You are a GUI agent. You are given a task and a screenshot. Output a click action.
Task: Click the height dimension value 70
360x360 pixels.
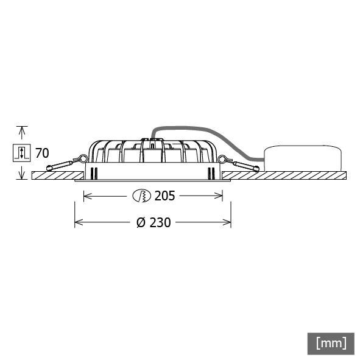tap(42, 152)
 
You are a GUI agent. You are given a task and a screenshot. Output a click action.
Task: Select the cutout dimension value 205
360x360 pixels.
tap(164, 196)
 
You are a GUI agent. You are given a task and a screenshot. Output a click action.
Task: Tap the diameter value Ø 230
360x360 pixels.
tap(153, 223)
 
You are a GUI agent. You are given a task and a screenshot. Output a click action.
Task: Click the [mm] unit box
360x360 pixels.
tap(331, 342)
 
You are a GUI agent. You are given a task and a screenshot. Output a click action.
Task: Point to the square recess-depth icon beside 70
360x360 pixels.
tap(21, 152)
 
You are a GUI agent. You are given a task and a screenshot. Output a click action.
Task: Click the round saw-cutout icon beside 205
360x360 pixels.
tap(141, 196)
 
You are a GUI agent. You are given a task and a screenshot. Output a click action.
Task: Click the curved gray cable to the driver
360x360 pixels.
tap(201, 130)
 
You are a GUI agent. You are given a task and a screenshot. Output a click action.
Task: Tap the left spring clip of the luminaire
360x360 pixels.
tap(64, 163)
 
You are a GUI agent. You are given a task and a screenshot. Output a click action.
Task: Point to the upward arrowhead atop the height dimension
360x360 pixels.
tap(23, 130)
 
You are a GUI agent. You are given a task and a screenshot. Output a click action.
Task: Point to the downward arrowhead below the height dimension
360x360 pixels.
tap(23, 175)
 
